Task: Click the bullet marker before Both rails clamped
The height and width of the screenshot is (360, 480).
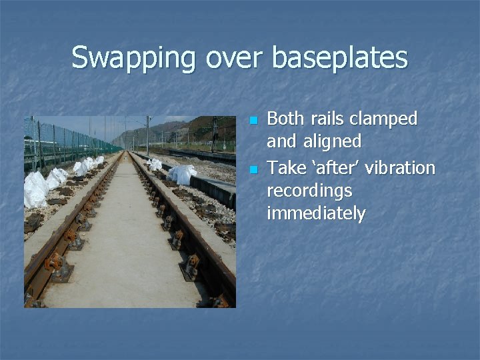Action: point(252,121)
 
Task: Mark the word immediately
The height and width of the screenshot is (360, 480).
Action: point(315,213)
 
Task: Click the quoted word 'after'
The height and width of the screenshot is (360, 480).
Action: point(331,167)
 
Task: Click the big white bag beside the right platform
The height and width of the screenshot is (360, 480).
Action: point(182,175)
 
